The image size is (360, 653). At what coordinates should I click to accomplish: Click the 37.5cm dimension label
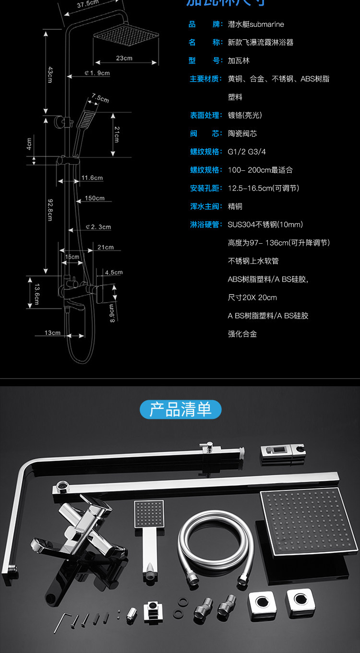pyautogui.click(x=87, y=5)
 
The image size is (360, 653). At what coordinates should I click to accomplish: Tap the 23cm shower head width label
pyautogui.click(x=124, y=59)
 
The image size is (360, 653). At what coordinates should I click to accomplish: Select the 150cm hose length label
pyautogui.click(x=95, y=198)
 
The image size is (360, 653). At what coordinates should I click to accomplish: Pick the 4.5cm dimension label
pyautogui.click(x=114, y=273)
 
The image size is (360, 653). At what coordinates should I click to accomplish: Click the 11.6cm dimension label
pyautogui.click(x=92, y=178)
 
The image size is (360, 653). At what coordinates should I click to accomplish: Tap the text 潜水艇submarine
pyautogui.click(x=256, y=24)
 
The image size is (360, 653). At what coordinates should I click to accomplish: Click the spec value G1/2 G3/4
pyautogui.click(x=247, y=152)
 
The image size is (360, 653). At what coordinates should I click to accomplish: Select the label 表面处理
pyautogui.click(x=206, y=115)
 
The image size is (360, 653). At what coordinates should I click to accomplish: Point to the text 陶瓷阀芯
pyautogui.click(x=242, y=133)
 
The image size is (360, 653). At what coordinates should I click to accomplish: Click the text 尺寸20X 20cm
pyautogui.click(x=252, y=297)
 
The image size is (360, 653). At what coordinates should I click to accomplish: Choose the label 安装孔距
pyautogui.click(x=206, y=188)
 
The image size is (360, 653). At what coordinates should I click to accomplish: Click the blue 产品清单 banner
pyautogui.click(x=180, y=410)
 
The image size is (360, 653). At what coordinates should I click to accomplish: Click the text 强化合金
pyautogui.click(x=242, y=334)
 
